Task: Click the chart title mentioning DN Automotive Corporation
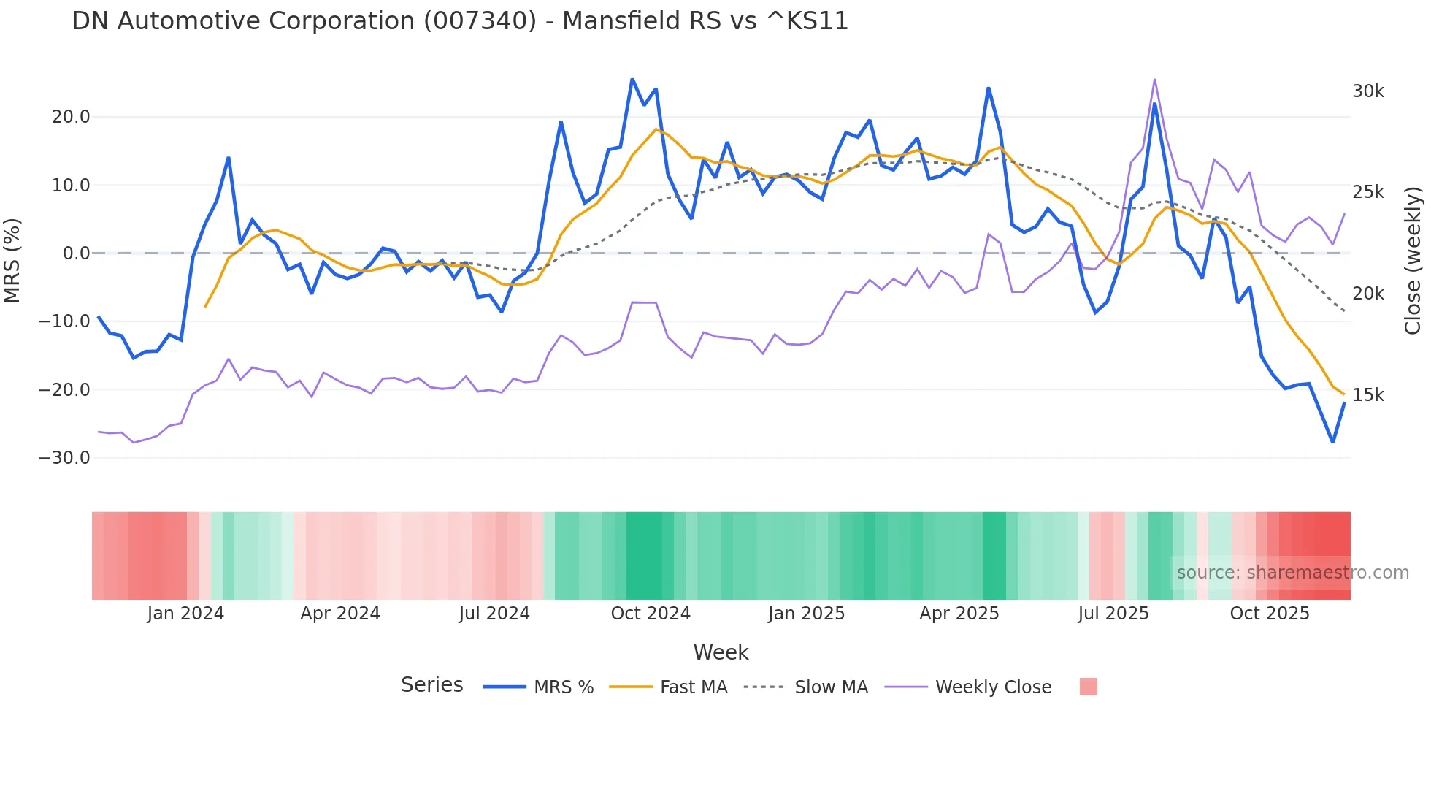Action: [460, 21]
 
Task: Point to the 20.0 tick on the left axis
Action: [71, 117]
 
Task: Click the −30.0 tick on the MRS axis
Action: [64, 458]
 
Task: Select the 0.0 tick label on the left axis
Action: [76, 253]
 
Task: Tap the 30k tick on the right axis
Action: [1367, 91]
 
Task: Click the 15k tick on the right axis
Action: [1367, 395]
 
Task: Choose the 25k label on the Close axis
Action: [1367, 192]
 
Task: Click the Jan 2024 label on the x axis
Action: [185, 614]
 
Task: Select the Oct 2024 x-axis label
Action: [651, 614]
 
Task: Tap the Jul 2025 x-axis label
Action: [1113, 614]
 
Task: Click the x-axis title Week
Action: [721, 652]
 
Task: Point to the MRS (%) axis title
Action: [12, 260]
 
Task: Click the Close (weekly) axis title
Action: [1413, 261]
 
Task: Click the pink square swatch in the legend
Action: [1088, 687]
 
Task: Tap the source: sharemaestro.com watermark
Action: [1292, 573]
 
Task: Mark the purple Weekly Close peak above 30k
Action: [1154, 80]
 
